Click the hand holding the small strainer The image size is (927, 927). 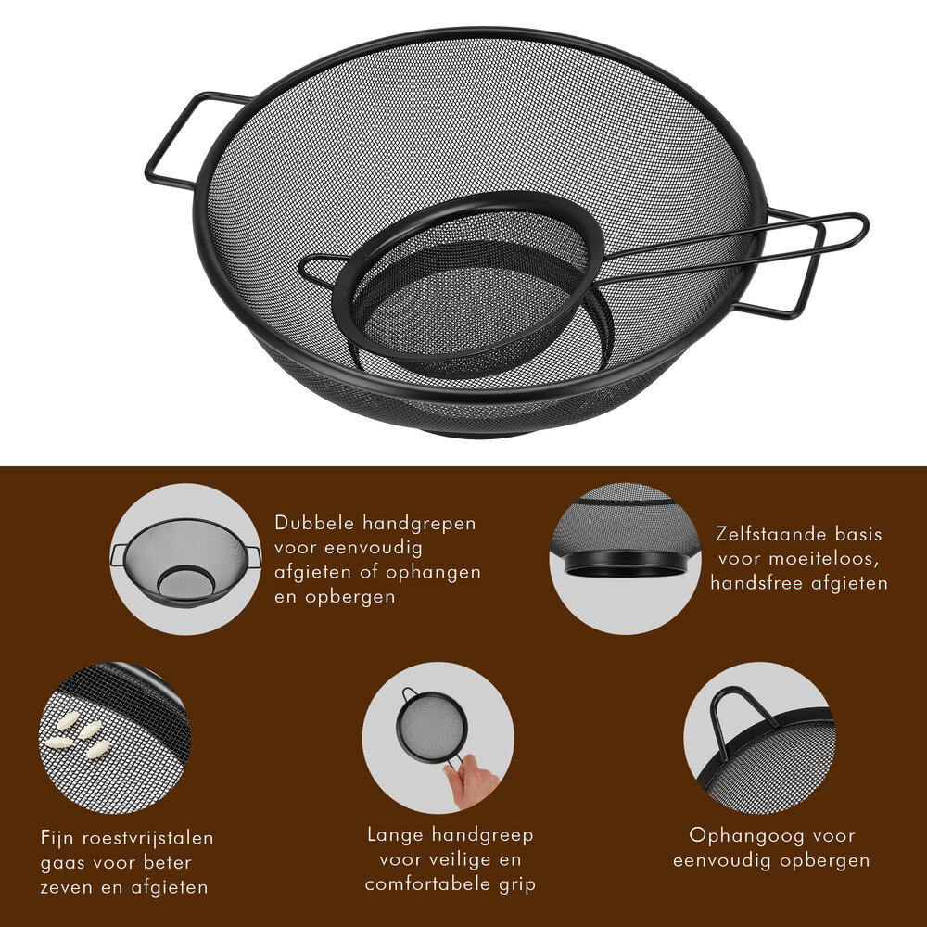473,779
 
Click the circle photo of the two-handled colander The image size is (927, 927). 186,559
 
